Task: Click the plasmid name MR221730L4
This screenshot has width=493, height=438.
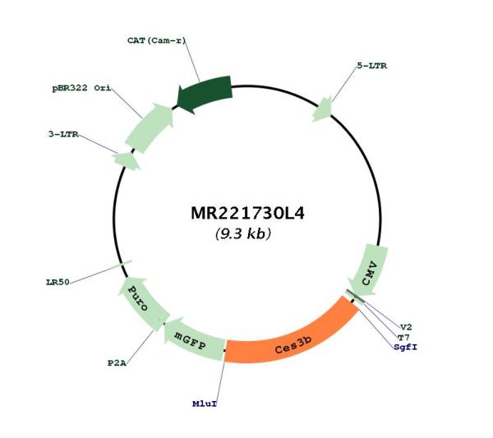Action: [247, 213]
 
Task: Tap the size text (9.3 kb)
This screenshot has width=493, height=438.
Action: [243, 233]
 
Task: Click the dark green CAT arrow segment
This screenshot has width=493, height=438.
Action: [205, 93]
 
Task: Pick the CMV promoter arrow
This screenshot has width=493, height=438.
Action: [368, 270]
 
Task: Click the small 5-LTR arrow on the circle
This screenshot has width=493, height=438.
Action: [323, 109]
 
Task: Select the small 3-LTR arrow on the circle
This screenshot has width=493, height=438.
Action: [127, 161]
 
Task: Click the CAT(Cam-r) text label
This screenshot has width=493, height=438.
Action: [157, 40]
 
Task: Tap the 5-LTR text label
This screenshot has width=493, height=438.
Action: [372, 66]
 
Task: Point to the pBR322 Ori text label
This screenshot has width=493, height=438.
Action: [81, 88]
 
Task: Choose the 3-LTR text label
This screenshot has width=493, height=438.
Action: [63, 134]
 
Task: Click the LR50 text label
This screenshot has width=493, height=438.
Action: [58, 282]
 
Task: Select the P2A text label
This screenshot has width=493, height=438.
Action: [117, 363]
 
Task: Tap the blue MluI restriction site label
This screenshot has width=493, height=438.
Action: [205, 403]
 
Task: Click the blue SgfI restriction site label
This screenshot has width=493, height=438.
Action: [406, 347]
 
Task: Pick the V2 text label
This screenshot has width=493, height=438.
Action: [406, 327]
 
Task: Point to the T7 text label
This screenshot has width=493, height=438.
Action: [403, 338]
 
